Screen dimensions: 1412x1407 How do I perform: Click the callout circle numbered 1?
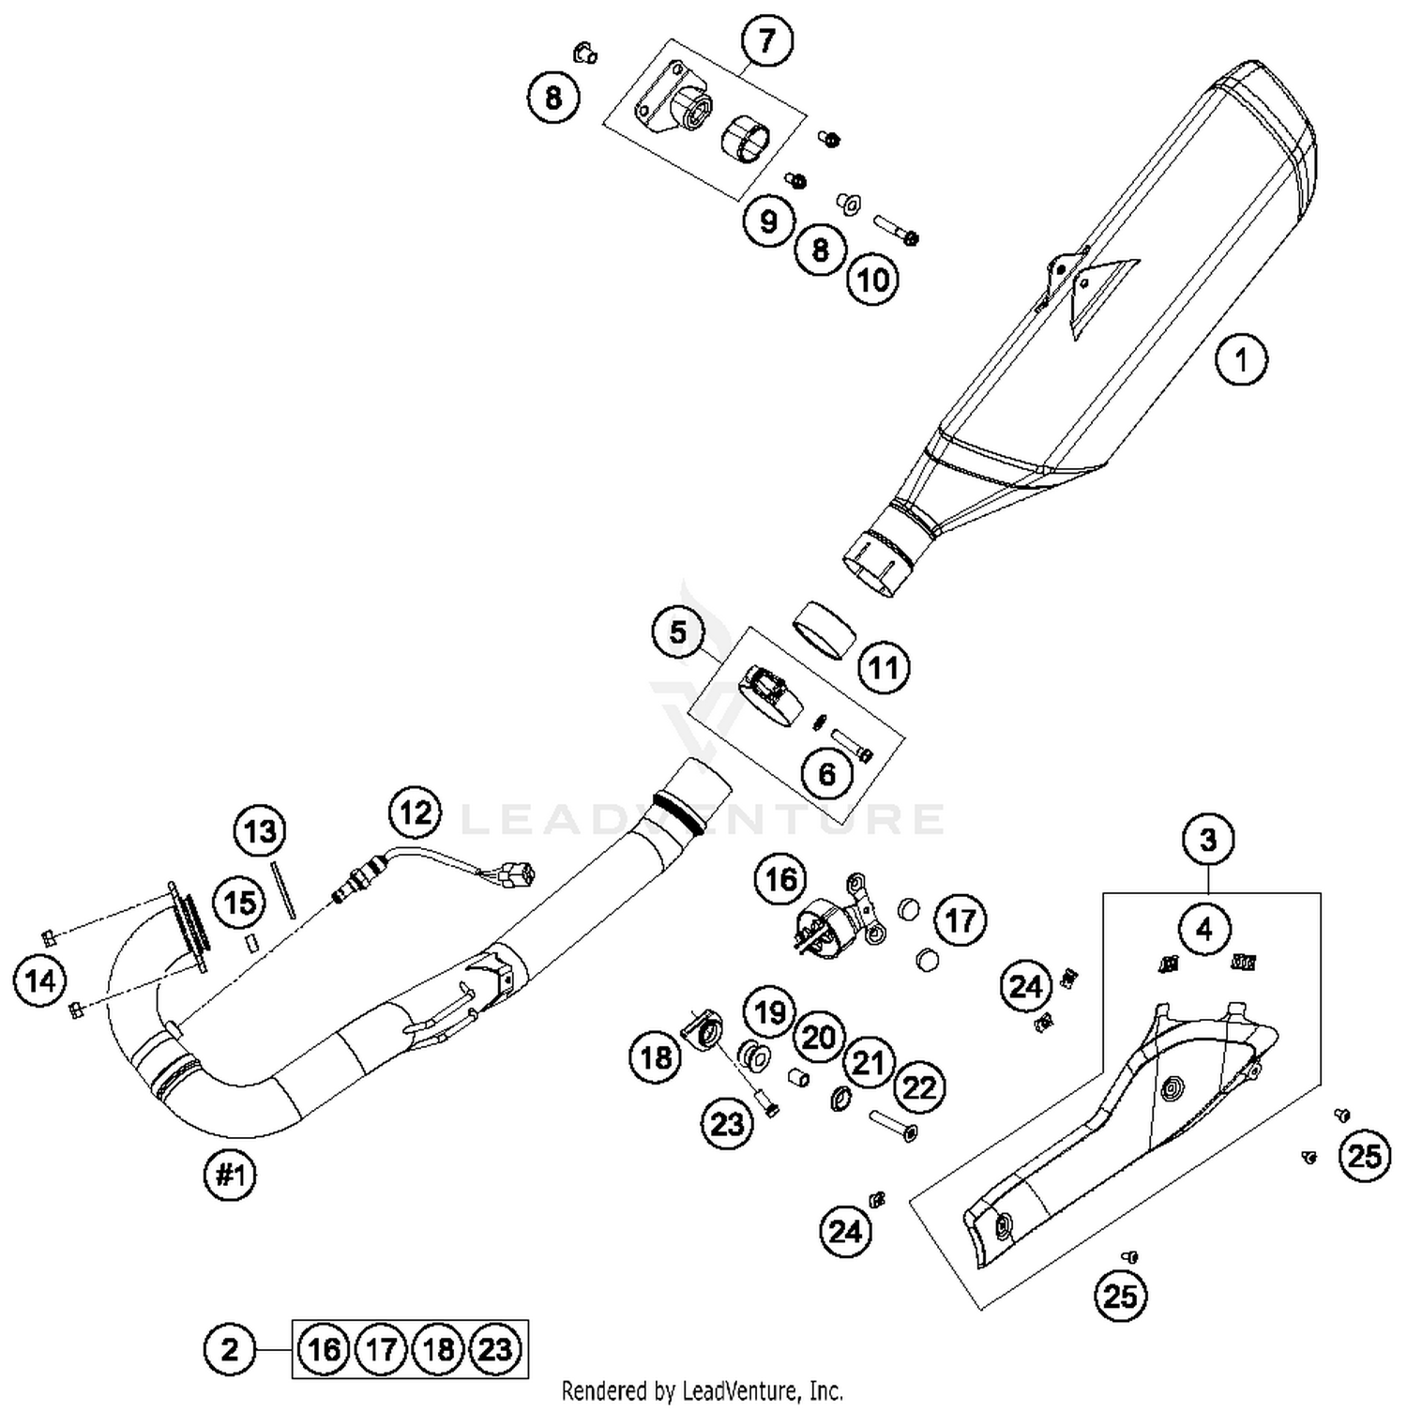tap(1241, 359)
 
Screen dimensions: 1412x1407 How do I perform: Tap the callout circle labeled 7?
tap(767, 41)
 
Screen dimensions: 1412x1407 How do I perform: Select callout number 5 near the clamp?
tap(678, 632)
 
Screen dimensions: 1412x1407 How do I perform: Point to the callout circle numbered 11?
tap(884, 668)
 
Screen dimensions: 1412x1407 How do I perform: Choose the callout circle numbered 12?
tap(416, 812)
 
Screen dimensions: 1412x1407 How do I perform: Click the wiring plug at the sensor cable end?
tap(518, 875)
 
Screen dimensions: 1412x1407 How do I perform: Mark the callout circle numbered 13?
tap(260, 831)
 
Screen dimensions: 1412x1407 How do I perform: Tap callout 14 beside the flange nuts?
tap(40, 981)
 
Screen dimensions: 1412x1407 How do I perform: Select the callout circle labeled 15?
tap(239, 903)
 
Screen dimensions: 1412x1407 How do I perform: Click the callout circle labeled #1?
tap(231, 1175)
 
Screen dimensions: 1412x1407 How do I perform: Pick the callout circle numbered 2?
tap(230, 1349)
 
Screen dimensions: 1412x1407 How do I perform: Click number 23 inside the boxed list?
tap(495, 1349)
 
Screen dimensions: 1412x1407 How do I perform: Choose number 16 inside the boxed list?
tap(324, 1349)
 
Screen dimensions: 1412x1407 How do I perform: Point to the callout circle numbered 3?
tap(1208, 839)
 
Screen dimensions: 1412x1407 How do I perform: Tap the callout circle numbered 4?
tap(1204, 929)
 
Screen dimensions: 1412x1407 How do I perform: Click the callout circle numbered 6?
tap(826, 774)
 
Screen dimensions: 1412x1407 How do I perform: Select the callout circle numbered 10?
tap(873, 280)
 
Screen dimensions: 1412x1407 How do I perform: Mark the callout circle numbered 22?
tap(919, 1087)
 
